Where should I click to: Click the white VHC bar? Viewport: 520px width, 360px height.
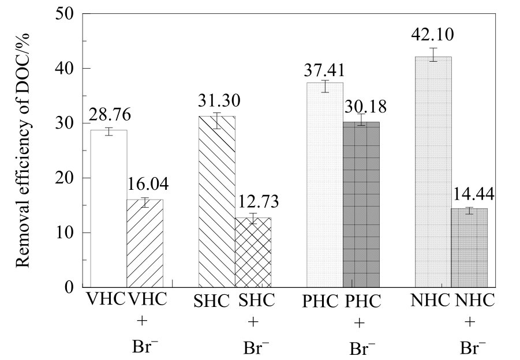[109, 208]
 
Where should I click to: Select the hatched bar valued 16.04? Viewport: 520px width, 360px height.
[145, 243]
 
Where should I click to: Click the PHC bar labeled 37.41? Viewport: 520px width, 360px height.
[325, 185]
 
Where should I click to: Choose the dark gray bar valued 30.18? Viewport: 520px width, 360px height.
[361, 204]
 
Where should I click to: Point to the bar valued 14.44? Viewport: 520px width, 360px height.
[469, 247]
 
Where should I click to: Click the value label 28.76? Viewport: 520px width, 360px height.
[110, 114]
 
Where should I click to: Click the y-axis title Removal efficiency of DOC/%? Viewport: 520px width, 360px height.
[23, 150]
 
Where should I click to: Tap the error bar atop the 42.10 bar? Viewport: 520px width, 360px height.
[433, 55]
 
